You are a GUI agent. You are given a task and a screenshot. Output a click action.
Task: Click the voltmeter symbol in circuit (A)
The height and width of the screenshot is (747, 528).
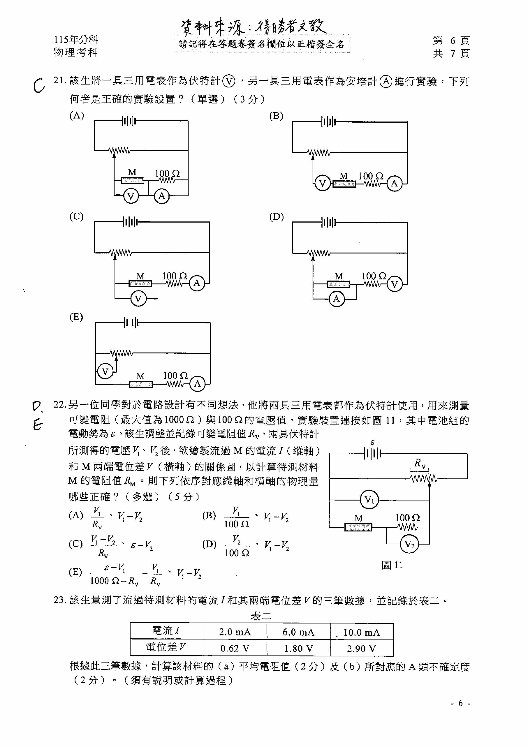coord(131,196)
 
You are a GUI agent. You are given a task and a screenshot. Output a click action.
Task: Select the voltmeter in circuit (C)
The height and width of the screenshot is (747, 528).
coord(138,299)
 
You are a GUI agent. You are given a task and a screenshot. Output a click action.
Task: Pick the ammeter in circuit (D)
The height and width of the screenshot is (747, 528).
coord(336,299)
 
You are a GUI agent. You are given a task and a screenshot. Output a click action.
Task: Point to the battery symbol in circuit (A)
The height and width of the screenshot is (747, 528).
coord(129,121)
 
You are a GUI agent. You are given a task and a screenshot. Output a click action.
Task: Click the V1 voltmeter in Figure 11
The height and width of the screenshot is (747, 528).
coord(369,499)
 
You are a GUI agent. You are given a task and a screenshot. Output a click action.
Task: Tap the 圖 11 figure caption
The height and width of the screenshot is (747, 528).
coord(392,565)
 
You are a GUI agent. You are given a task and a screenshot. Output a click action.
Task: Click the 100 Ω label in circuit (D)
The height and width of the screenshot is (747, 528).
coord(374,276)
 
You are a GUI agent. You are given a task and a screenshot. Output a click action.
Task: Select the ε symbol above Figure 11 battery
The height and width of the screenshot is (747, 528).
coord(373,443)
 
